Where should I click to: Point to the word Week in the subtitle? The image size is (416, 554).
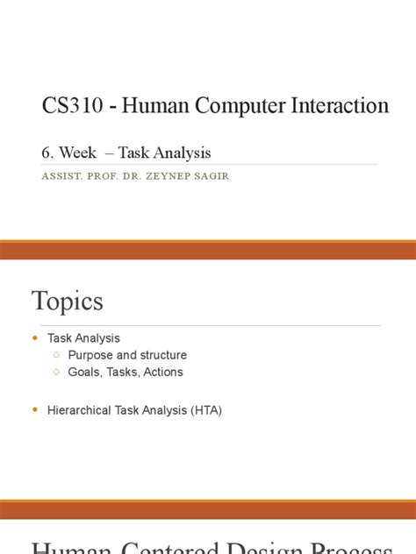(77, 153)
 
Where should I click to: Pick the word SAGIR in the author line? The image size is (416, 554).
(216, 175)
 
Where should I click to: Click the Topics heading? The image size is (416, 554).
(68, 302)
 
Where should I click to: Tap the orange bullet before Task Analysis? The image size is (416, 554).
(35, 337)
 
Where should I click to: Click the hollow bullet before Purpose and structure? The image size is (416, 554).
(56, 355)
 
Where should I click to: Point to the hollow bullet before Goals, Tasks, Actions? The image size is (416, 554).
(56, 372)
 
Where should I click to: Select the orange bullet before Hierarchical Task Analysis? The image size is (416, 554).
(35, 409)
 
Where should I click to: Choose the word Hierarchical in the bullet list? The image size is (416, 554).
(80, 409)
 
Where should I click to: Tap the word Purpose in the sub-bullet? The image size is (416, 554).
(90, 355)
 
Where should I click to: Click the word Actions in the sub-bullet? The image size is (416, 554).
(162, 372)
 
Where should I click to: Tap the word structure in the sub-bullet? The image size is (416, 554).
(164, 355)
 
